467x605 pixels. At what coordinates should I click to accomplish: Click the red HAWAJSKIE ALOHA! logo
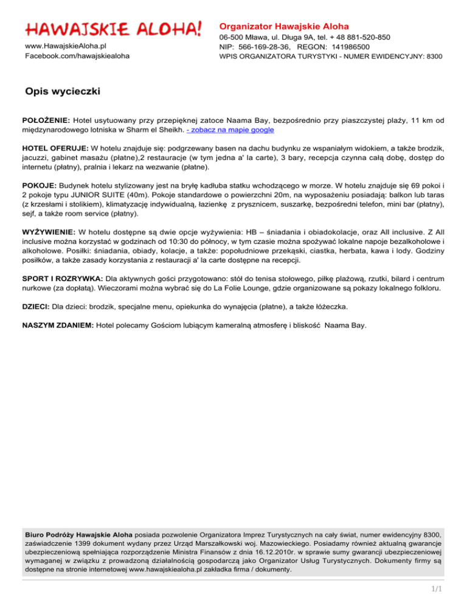tap(113, 28)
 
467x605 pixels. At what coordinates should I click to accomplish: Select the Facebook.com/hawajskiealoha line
tap(77, 56)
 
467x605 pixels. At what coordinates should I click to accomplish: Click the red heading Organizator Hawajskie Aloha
tap(284, 27)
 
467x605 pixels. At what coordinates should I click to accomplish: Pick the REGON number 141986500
tap(349, 47)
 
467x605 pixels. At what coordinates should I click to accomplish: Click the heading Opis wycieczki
tap(63, 91)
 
